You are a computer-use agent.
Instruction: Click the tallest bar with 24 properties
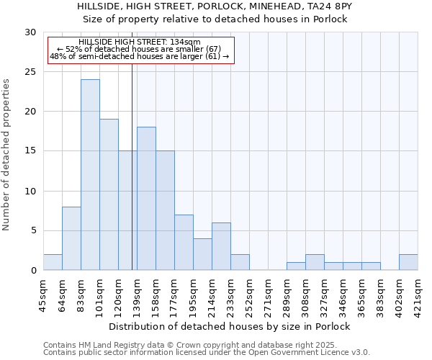tap(90, 175)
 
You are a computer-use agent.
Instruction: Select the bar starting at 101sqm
tap(109, 194)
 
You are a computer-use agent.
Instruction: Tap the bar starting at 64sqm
tap(71, 238)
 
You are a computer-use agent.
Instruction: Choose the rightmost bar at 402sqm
tap(408, 262)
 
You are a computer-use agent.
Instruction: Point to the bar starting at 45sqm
tap(53, 262)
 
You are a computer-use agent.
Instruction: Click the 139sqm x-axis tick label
tap(137, 294)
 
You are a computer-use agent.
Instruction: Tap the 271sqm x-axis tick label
tap(268, 294)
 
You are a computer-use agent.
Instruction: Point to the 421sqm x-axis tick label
tap(418, 294)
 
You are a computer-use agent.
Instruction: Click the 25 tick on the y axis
tap(32, 72)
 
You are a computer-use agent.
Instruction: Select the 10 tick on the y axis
tap(32, 192)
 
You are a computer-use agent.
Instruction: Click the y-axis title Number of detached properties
tap(7, 155)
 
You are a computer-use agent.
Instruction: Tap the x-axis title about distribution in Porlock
tap(230, 326)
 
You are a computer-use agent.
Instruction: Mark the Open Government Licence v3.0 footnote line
tap(207, 352)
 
